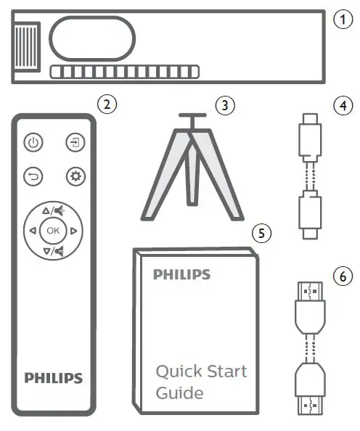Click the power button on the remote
pyautogui.click(x=33, y=143)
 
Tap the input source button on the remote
pyautogui.click(x=74, y=143)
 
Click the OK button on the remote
pyautogui.click(x=53, y=230)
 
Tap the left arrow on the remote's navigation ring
pyautogui.click(x=32, y=231)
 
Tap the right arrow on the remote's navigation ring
pyautogui.click(x=74, y=231)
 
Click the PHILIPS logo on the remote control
pyautogui.click(x=54, y=378)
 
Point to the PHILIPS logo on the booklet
pyautogui.click(x=181, y=275)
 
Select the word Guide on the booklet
pyautogui.click(x=179, y=394)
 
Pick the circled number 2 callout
pyautogui.click(x=107, y=104)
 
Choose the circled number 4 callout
pyautogui.click(x=342, y=104)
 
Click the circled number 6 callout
pyautogui.click(x=342, y=276)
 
